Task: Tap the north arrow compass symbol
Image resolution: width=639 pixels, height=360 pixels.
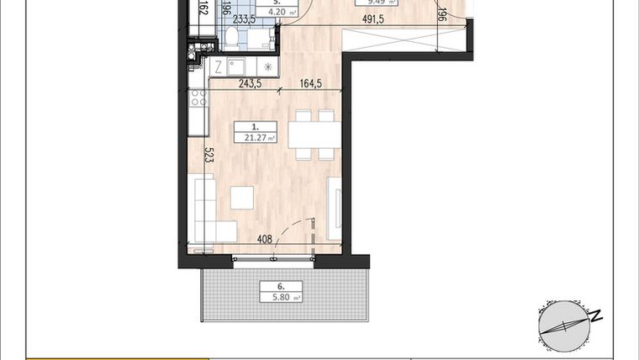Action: (562, 324)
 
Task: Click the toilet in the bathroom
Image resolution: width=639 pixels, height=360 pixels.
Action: (231, 36)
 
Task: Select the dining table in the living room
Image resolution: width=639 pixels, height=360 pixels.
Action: (314, 135)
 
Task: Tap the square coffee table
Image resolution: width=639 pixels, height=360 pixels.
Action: (243, 197)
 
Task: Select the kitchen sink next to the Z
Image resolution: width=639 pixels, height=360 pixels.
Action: (236, 66)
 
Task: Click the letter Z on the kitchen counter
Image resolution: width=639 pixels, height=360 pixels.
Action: (217, 66)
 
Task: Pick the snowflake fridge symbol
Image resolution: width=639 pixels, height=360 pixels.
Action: (268, 66)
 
